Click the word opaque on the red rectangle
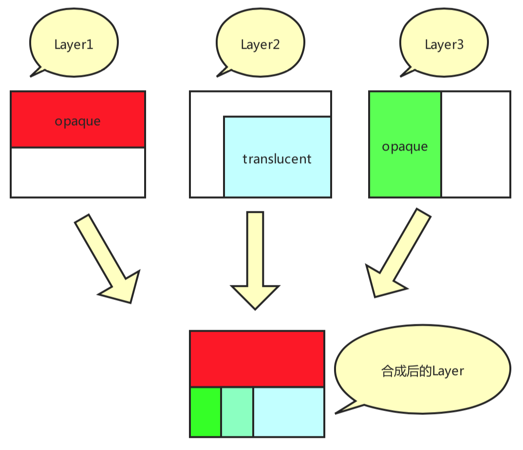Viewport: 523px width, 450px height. tap(77, 121)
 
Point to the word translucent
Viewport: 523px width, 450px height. tap(277, 159)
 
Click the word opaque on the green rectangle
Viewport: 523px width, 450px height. tap(405, 147)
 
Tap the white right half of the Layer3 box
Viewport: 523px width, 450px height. tap(475, 144)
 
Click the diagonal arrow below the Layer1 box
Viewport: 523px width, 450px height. tap(107, 258)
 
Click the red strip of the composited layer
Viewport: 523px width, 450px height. tap(257, 358)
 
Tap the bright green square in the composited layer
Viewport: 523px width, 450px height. tap(205, 412)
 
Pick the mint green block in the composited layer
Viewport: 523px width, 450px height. tap(237, 412)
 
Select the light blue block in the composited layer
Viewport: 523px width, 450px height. tap(288, 412)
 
